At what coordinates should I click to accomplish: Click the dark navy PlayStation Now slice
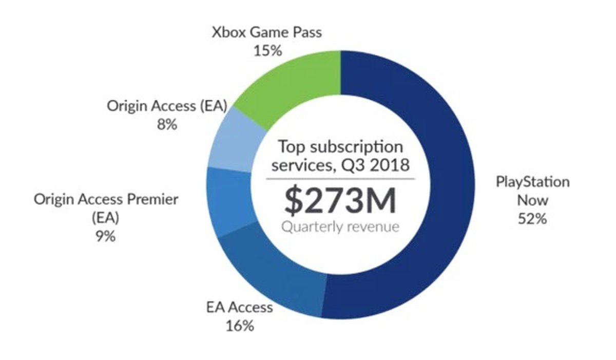point(441,205)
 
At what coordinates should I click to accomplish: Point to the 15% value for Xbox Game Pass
point(267,51)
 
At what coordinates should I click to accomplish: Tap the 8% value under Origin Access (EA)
point(167,124)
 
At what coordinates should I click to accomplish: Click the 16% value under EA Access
point(240,326)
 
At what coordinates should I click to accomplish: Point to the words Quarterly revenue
point(340,226)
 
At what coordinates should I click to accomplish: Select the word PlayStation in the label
point(532,182)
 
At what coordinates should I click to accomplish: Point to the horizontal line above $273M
point(340,179)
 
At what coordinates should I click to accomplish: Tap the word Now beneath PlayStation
point(532,200)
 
